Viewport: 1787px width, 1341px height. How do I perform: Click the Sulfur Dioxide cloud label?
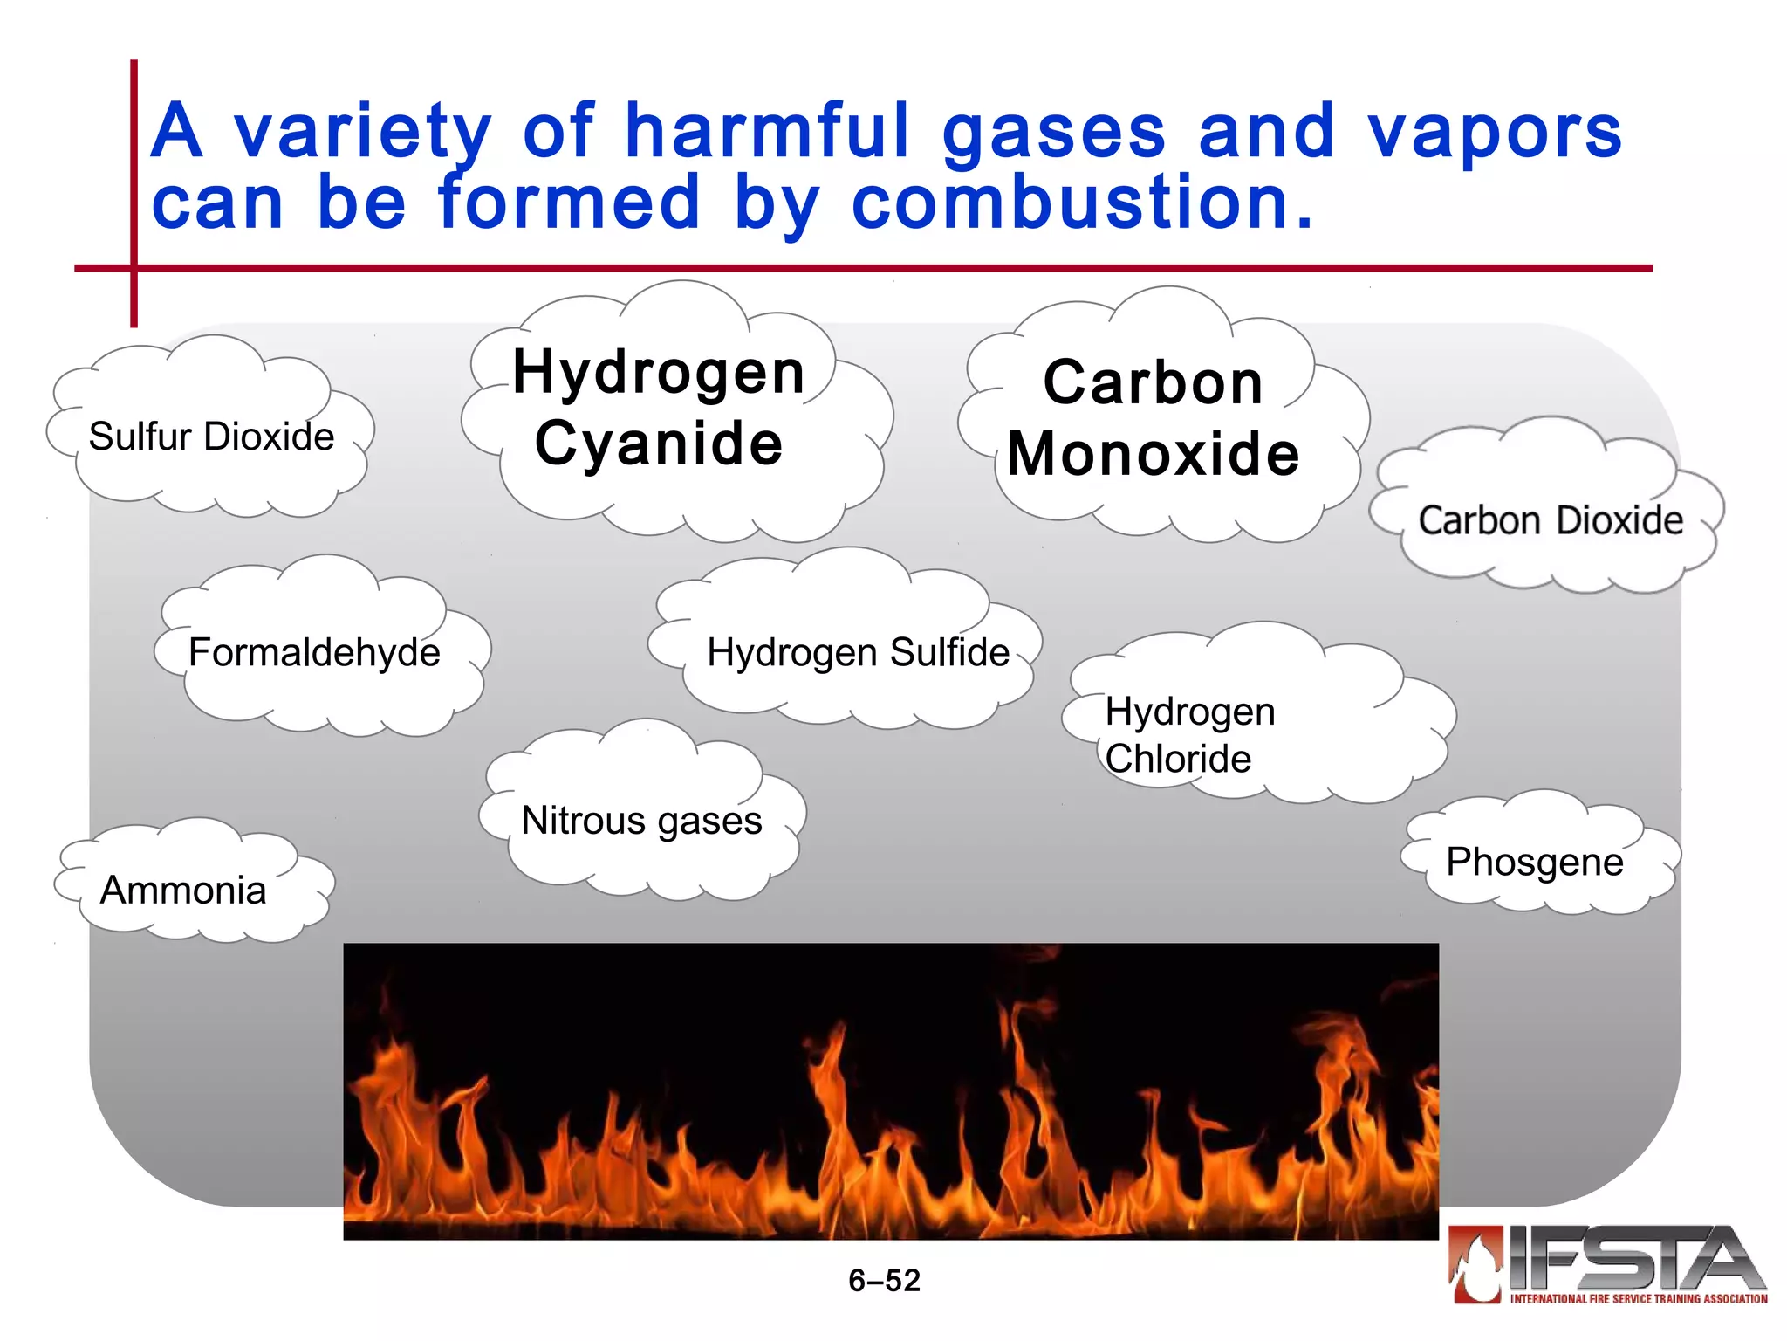[x=211, y=437]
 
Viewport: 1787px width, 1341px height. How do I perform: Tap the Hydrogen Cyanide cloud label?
[x=659, y=408]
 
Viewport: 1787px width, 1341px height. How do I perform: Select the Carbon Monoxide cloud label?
[x=1154, y=418]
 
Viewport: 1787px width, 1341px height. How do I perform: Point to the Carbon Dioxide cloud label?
[x=1550, y=520]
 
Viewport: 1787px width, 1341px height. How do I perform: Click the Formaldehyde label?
[x=314, y=652]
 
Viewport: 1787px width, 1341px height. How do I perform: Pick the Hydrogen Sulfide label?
[x=858, y=652]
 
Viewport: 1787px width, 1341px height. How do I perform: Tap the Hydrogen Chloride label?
[x=1189, y=735]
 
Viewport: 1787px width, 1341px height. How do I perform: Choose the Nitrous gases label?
[x=641, y=821]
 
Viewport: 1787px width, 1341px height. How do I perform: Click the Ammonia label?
[x=183, y=891]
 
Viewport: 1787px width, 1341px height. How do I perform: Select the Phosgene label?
[x=1535, y=862]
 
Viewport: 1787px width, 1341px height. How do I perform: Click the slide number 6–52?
[x=884, y=1281]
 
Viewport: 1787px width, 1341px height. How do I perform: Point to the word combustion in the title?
[x=1082, y=203]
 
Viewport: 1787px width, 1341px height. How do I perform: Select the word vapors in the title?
[x=1494, y=133]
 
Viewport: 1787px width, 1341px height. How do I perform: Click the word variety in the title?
[x=362, y=133]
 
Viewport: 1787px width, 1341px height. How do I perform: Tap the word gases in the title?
[x=1053, y=133]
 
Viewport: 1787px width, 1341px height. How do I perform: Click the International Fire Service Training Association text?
[x=1638, y=1299]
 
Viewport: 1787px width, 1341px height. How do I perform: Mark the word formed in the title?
[x=570, y=203]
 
